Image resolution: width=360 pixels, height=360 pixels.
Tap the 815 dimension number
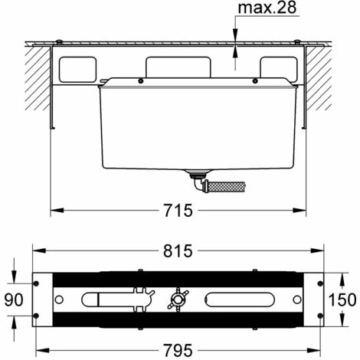point(178,250)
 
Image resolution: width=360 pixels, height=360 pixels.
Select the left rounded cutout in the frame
point(79,68)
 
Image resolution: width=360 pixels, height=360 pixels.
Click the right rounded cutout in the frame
point(277,68)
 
